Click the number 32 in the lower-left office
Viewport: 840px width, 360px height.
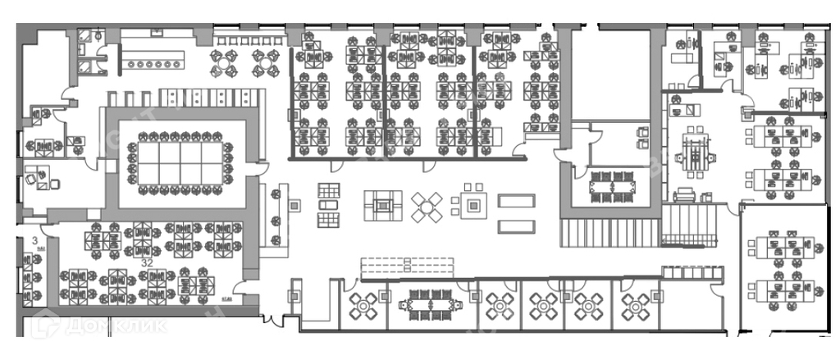[x=148, y=262]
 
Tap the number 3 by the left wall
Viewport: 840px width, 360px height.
[x=35, y=241]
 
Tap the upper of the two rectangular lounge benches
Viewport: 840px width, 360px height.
[x=517, y=201]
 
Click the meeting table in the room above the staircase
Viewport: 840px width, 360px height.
[x=614, y=185]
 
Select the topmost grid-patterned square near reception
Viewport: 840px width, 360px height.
[x=328, y=188]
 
